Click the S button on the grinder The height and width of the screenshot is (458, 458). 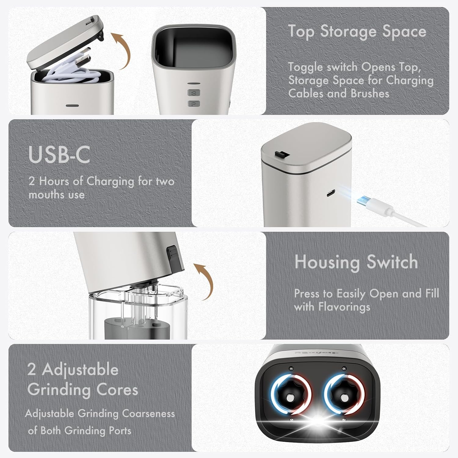[x=193, y=93]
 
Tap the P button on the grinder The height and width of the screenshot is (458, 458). [x=193, y=104]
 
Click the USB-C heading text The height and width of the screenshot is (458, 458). [x=59, y=155]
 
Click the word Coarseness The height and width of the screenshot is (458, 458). [x=148, y=414]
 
